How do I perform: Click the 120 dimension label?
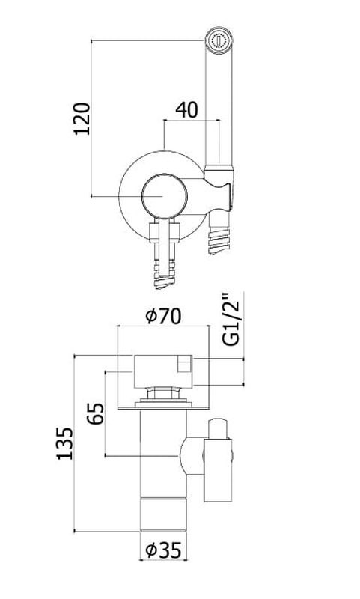tap(82, 118)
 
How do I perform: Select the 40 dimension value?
tap(186, 110)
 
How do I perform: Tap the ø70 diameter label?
tap(164, 316)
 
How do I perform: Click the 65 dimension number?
tap(96, 414)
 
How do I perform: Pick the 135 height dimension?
tap(64, 443)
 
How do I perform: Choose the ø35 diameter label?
tap(163, 550)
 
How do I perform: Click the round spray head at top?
tap(219, 40)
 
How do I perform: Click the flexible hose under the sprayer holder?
tap(219, 233)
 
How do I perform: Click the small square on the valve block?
tap(185, 364)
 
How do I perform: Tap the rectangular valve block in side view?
tap(163, 371)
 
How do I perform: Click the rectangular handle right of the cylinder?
tap(218, 470)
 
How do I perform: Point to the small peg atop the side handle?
tap(218, 428)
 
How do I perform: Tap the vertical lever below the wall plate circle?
tap(165, 244)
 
